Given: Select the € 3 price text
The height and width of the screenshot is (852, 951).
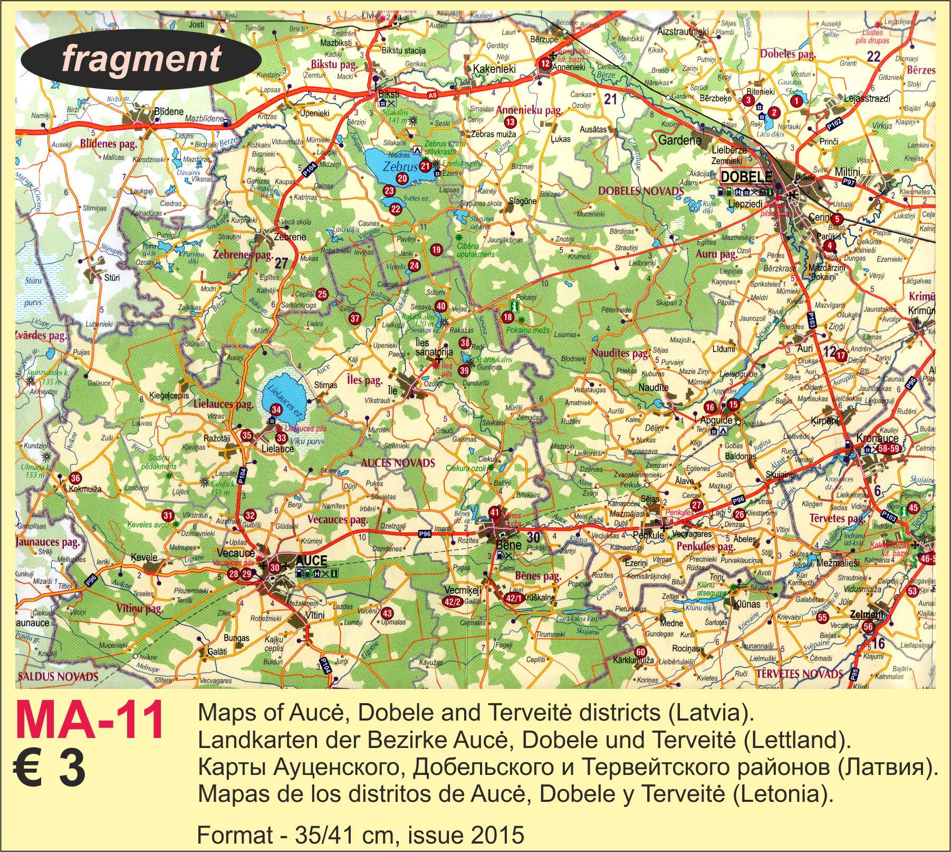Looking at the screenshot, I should (x=50, y=769).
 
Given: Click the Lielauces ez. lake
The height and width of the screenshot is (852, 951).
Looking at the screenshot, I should (x=280, y=399).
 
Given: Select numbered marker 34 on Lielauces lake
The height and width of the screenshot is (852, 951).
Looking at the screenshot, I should (x=276, y=410).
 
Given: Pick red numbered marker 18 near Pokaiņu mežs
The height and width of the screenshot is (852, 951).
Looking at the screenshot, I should (x=507, y=317).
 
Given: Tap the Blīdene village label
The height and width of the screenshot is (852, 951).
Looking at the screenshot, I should (x=169, y=112).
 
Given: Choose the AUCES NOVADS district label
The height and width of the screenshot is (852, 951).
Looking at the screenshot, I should (x=398, y=463).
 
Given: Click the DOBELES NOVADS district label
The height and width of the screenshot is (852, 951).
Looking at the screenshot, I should (x=641, y=191).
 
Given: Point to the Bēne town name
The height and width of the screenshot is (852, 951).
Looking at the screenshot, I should (x=509, y=545).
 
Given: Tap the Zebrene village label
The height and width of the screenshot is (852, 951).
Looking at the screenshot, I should (x=290, y=237).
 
